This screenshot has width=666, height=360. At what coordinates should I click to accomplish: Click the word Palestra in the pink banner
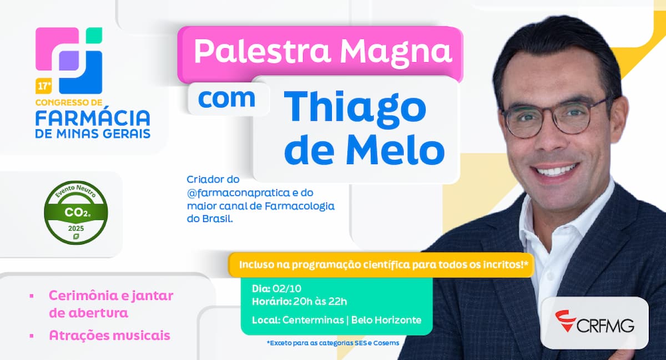tap(261, 51)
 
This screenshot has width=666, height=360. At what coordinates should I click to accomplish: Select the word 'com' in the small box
tap(226, 99)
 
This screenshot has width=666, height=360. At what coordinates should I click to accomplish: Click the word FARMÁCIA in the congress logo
tap(93, 118)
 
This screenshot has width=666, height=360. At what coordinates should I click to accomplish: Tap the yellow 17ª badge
tap(43, 87)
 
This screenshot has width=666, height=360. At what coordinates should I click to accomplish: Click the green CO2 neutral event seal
tap(75, 212)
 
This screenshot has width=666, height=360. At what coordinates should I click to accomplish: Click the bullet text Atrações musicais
tap(109, 336)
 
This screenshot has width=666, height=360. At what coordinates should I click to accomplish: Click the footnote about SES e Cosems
tap(333, 343)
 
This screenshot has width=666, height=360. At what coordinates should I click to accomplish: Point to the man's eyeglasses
tap(555, 116)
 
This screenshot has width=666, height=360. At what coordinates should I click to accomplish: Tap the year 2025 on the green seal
tap(75, 227)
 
